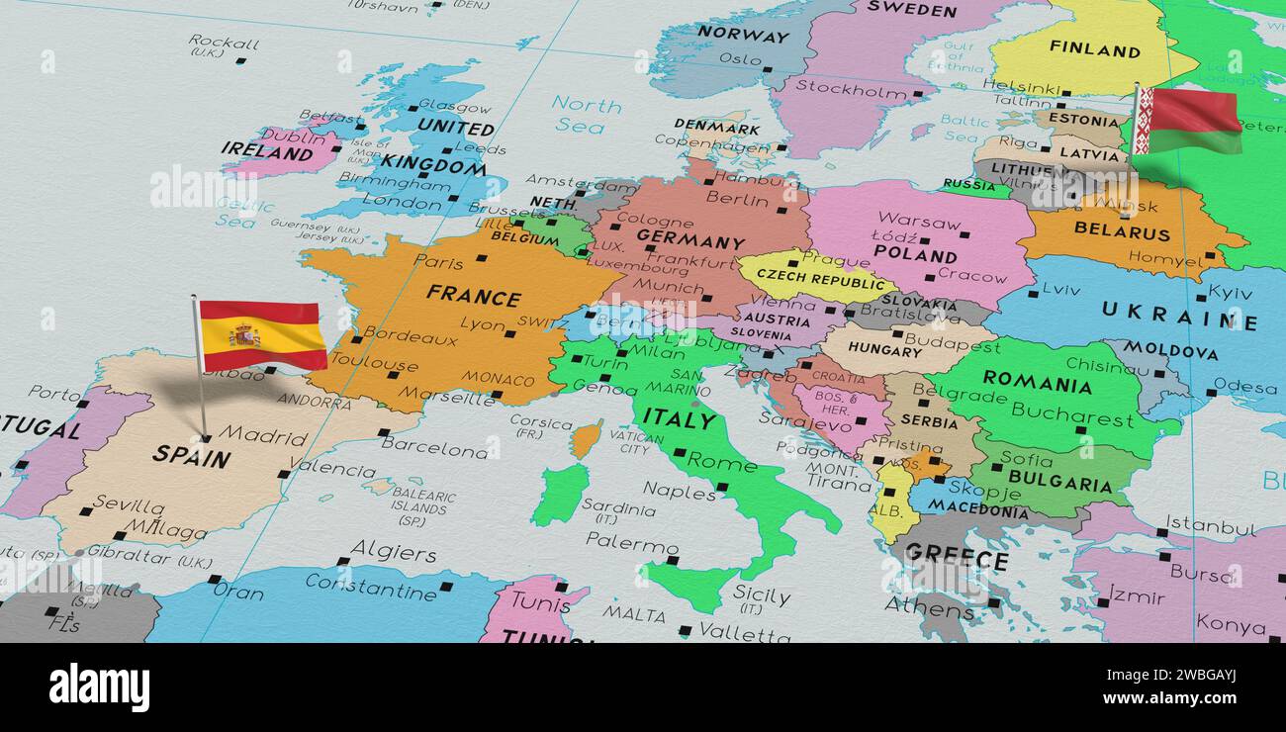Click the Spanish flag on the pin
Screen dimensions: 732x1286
pyautogui.click(x=262, y=335)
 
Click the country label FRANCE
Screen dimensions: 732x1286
pyautogui.click(x=473, y=295)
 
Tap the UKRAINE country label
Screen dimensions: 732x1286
pyautogui.click(x=1178, y=316)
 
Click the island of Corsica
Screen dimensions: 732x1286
pyautogui.click(x=586, y=438)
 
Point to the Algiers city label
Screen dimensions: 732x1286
pyautogui.click(x=393, y=551)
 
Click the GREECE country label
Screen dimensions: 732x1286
pyautogui.click(x=956, y=557)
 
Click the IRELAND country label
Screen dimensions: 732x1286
pyautogui.click(x=266, y=150)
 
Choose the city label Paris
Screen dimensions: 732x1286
pyautogui.click(x=438, y=262)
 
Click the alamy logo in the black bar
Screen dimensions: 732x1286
pyautogui.click(x=99, y=687)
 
